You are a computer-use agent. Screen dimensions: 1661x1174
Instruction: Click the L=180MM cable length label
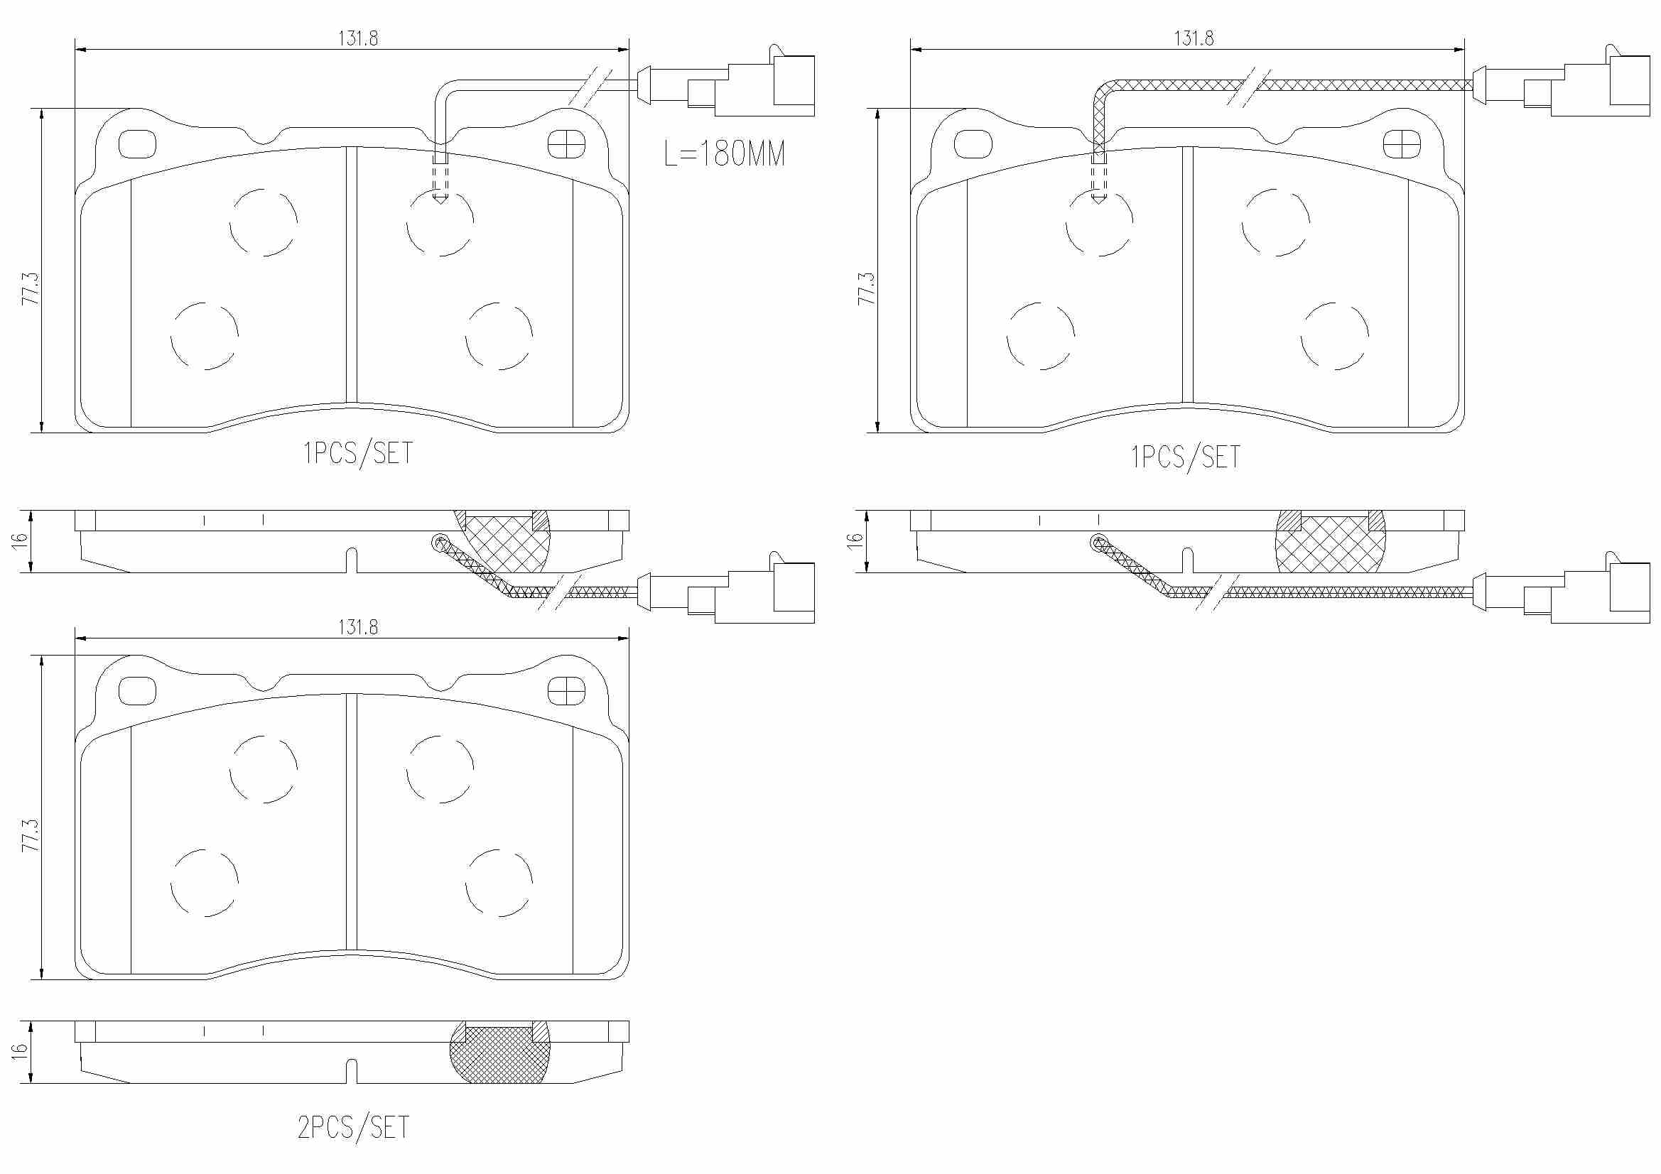(x=724, y=153)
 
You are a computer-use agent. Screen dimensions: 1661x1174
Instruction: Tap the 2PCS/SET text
(x=354, y=1128)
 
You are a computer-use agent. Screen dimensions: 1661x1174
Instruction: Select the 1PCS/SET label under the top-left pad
(x=358, y=453)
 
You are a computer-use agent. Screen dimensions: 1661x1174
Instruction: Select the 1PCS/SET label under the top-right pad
(x=1186, y=457)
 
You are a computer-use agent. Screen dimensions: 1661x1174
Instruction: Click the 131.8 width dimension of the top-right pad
(x=1194, y=38)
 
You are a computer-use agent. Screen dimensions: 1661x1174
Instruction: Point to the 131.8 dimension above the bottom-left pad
(x=358, y=627)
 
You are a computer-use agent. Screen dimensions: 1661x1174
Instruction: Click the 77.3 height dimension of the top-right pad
(x=866, y=288)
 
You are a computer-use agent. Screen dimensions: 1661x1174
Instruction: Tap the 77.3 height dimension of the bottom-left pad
(x=31, y=835)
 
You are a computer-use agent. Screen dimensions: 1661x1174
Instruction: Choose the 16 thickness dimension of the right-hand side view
(x=855, y=539)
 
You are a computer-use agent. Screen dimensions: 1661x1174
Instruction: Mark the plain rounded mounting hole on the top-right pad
(x=973, y=145)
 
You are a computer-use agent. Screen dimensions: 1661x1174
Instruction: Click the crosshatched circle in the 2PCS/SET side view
(x=500, y=1053)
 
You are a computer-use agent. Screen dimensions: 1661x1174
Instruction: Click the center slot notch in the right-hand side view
(x=1187, y=560)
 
